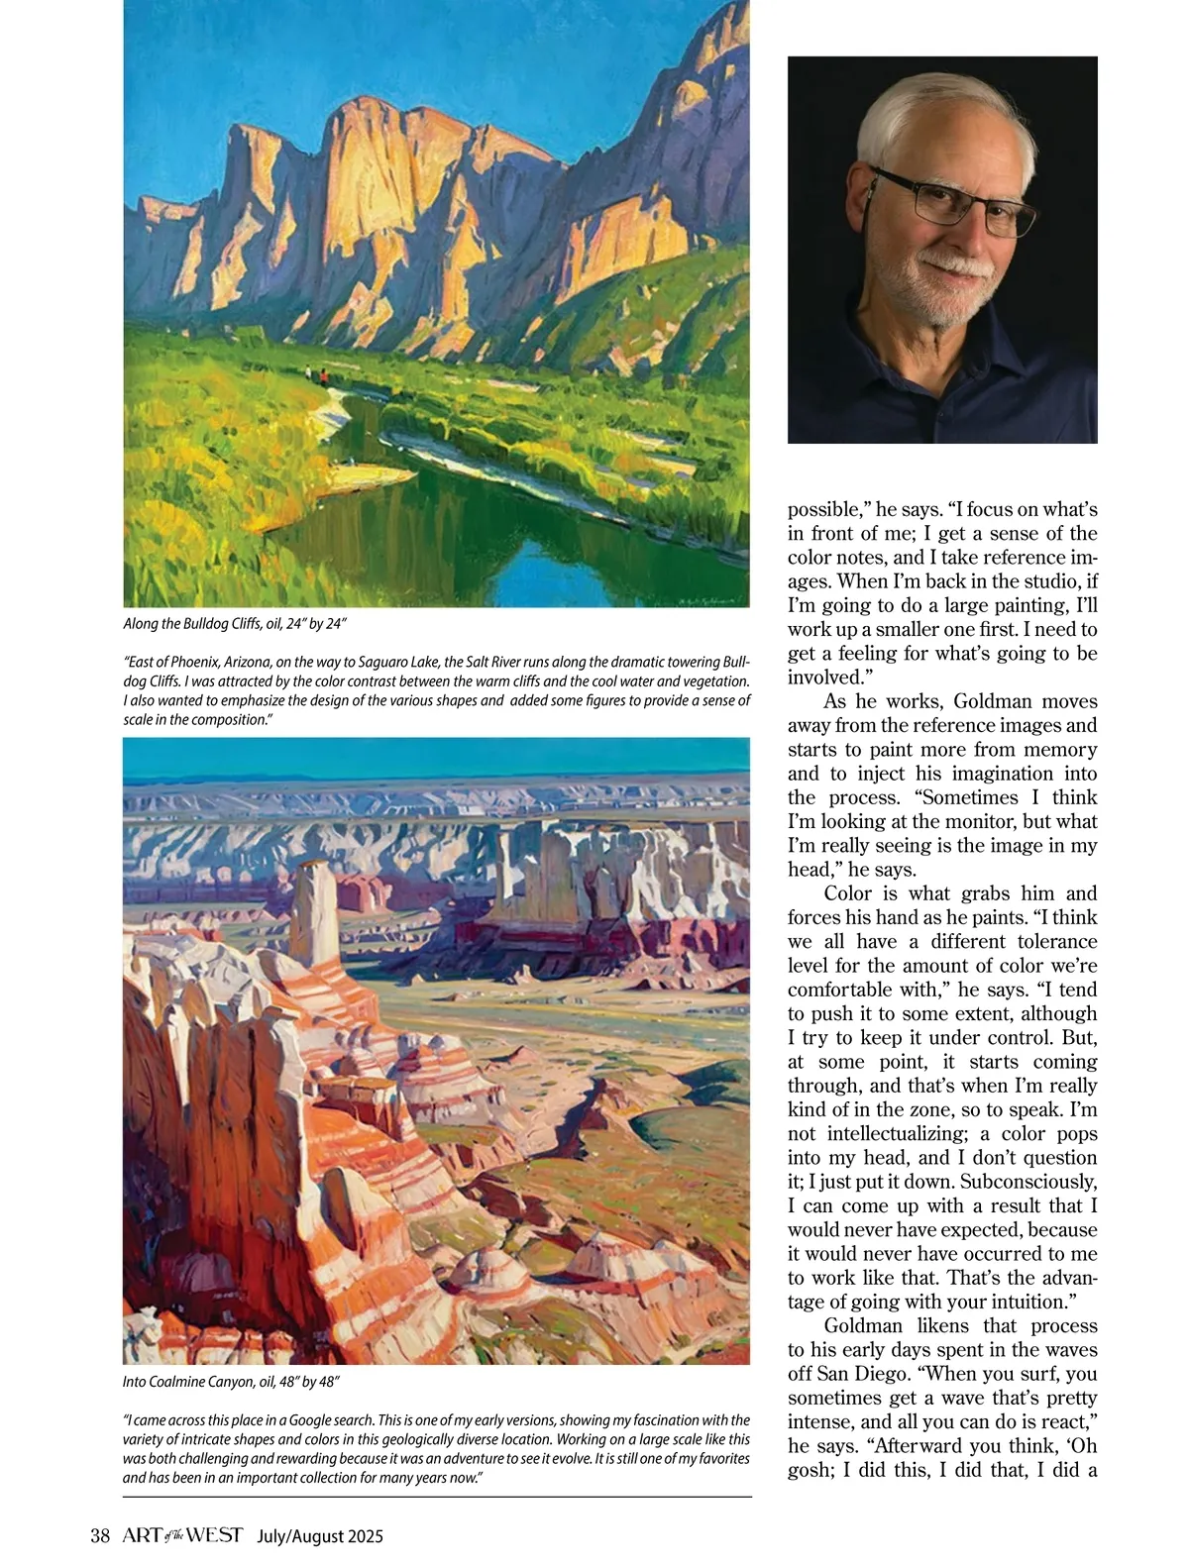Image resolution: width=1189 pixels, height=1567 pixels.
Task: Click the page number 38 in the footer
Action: click(x=99, y=1535)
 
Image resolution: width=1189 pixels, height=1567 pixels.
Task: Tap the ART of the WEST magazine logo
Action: click(x=182, y=1535)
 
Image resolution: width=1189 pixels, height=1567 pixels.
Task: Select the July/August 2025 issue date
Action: click(x=320, y=1536)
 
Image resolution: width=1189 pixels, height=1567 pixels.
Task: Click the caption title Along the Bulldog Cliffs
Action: click(x=186, y=624)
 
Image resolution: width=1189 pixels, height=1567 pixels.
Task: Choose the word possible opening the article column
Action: click(x=828, y=509)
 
